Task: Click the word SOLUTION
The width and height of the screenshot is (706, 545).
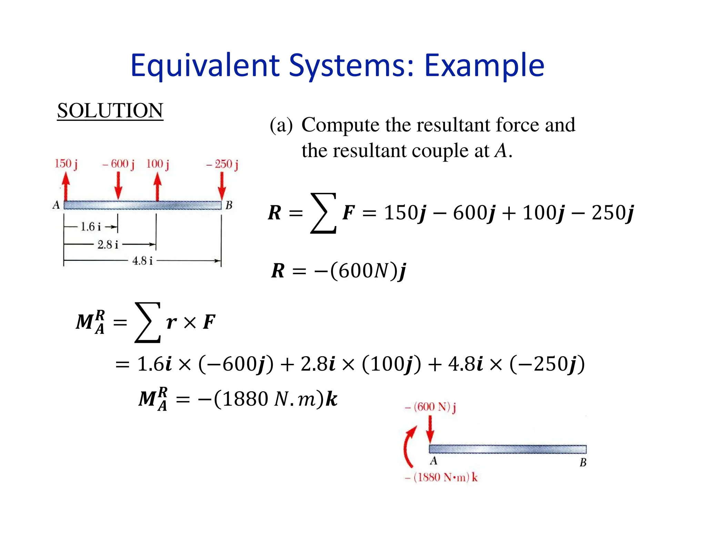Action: pyautogui.click(x=110, y=111)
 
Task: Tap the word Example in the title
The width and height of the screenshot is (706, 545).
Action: pyautogui.click(x=484, y=65)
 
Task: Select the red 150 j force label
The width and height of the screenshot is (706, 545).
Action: pyautogui.click(x=66, y=164)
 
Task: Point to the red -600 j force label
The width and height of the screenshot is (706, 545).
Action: pyautogui.click(x=119, y=164)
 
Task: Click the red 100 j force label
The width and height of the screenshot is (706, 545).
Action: pyautogui.click(x=158, y=164)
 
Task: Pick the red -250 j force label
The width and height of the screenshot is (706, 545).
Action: pyautogui.click(x=222, y=164)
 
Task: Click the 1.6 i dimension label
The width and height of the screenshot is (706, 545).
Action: pyautogui.click(x=91, y=227)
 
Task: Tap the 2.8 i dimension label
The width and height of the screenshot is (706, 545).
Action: pyautogui.click(x=108, y=245)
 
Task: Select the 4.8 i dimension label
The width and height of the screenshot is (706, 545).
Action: pyautogui.click(x=142, y=261)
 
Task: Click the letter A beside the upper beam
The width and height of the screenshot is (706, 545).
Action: pyautogui.click(x=56, y=205)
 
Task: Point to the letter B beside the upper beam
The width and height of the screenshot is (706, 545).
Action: pyautogui.click(x=229, y=205)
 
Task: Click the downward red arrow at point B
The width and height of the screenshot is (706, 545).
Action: pyautogui.click(x=222, y=186)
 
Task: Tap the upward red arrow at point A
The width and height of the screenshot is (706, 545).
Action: pyautogui.click(x=66, y=186)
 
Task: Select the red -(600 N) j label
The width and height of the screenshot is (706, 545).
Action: pyautogui.click(x=431, y=407)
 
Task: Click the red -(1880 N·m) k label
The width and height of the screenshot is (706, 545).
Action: pyautogui.click(x=441, y=477)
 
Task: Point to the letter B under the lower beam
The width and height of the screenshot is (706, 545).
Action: pyautogui.click(x=583, y=463)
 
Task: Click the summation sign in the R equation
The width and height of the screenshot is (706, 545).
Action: pyautogui.click(x=323, y=213)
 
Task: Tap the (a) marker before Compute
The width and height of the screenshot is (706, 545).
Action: pyautogui.click(x=281, y=125)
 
